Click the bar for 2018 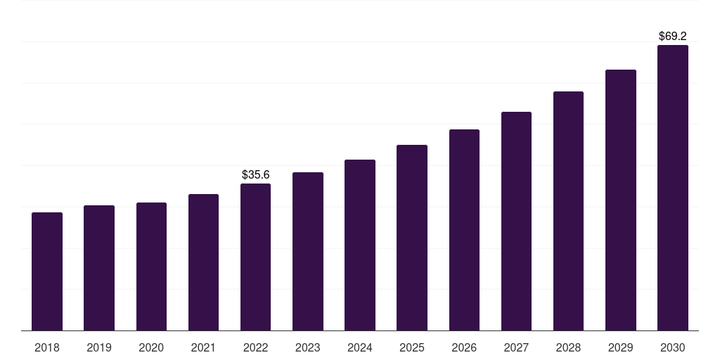point(47,271)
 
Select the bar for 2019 point(99,268)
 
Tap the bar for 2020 point(151,266)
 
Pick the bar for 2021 point(203,262)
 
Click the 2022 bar point(255,257)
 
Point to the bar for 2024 point(360,245)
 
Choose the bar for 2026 point(464,230)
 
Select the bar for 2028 point(568,211)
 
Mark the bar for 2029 point(621,200)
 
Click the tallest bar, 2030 point(673,188)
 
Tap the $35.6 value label point(255,174)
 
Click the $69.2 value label point(673,35)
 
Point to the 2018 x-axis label point(47,347)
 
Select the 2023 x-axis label point(307,347)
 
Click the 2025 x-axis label point(412,347)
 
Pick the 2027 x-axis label point(516,347)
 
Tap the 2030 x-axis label point(673,347)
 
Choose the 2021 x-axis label point(203,347)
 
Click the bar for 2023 point(307,251)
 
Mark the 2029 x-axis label point(621,347)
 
